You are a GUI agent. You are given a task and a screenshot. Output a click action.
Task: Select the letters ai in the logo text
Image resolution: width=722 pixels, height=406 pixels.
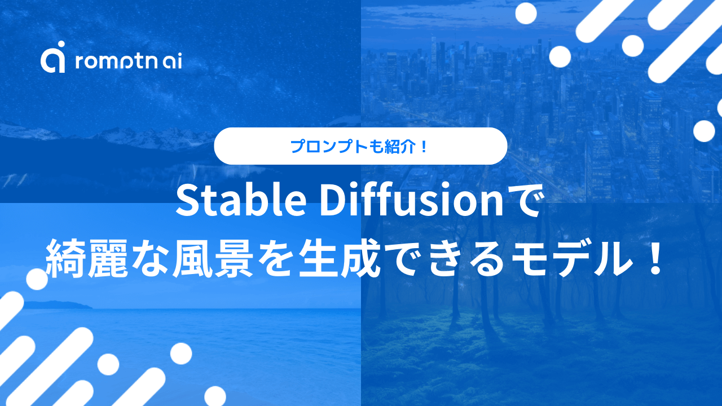pyautogui.click(x=171, y=61)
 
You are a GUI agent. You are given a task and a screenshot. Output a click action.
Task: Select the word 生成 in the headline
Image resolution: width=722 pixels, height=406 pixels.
pyautogui.click(x=399, y=258)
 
